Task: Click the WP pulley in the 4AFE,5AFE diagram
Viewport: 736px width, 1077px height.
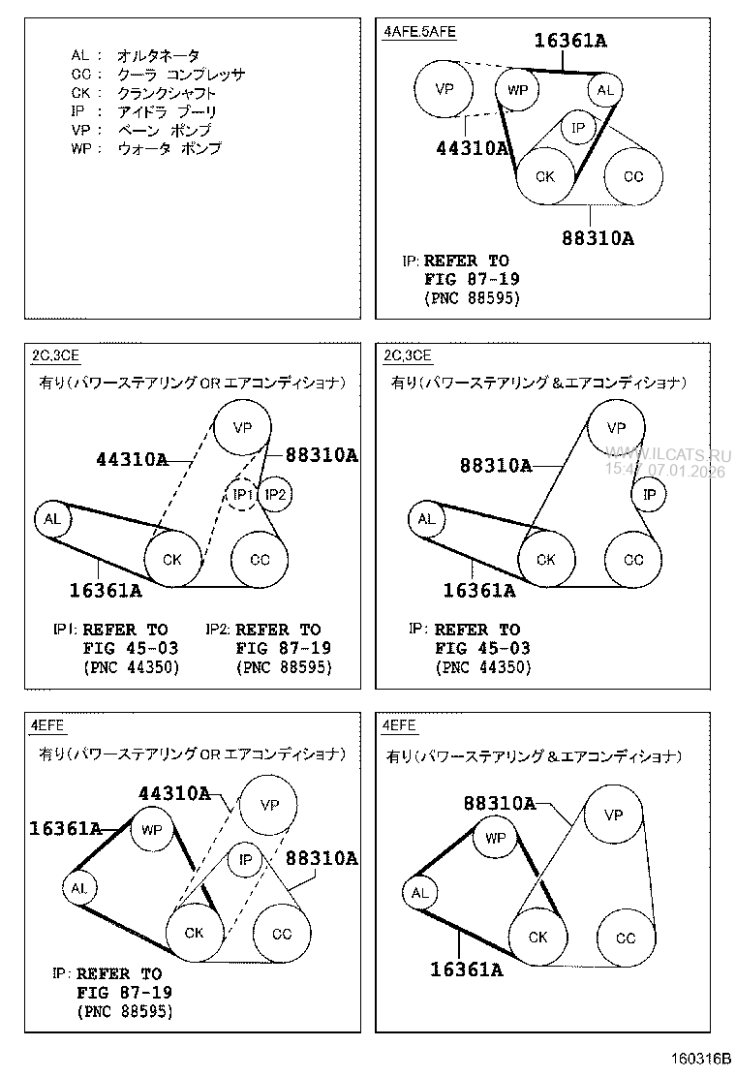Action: click(x=518, y=91)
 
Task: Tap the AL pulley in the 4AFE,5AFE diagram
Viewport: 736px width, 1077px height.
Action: click(x=605, y=91)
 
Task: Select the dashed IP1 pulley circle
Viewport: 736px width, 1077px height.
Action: click(x=243, y=495)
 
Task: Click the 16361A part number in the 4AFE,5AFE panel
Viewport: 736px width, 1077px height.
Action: click(x=570, y=40)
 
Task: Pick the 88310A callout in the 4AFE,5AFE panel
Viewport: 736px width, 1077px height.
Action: click(x=598, y=237)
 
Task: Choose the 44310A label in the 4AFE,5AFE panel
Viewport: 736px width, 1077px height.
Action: click(x=472, y=147)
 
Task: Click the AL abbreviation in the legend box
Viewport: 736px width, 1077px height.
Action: click(x=80, y=56)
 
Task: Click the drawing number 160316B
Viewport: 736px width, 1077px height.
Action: click(x=698, y=1059)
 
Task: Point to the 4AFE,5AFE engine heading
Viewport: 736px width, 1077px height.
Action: click(x=419, y=31)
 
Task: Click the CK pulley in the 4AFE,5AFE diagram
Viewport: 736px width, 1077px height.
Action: click(x=545, y=176)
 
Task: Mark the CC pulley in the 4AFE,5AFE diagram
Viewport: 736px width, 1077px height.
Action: click(x=633, y=176)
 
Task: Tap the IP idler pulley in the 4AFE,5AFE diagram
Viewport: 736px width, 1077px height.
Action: click(x=578, y=127)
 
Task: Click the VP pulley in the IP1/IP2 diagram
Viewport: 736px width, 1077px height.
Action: click(x=242, y=427)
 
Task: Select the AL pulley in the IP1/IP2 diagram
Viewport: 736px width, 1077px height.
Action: click(x=52, y=519)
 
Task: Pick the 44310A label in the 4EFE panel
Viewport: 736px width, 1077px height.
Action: click(x=174, y=793)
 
